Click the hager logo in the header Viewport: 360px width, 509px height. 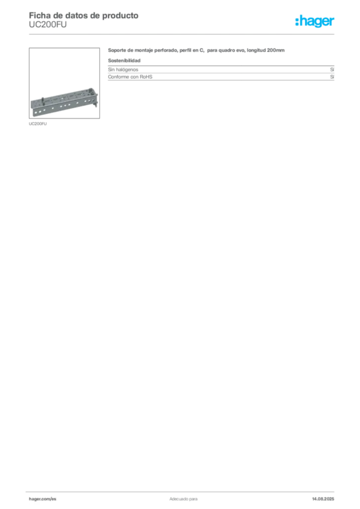[x=315, y=21]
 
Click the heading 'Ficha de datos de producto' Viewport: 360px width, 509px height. [x=84, y=15]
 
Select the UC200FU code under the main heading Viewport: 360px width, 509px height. [x=48, y=25]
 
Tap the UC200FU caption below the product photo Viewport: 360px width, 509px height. [x=38, y=124]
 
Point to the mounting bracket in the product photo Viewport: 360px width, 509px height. [x=64, y=102]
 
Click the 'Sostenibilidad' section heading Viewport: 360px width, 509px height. [x=124, y=60]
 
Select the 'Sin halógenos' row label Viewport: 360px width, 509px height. [x=123, y=70]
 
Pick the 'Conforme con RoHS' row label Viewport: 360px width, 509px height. [x=130, y=77]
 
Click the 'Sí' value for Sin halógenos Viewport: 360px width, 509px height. [x=332, y=70]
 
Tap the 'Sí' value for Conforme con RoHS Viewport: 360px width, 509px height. [x=332, y=77]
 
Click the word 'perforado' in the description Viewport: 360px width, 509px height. [x=165, y=50]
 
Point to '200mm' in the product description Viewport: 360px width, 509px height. [x=276, y=50]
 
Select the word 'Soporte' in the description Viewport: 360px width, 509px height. [x=117, y=50]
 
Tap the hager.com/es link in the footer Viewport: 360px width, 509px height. [x=43, y=499]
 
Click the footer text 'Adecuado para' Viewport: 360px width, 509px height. [x=183, y=499]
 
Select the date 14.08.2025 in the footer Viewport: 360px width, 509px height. [x=323, y=499]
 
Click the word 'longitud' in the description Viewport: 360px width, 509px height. [x=256, y=50]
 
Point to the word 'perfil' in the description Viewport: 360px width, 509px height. [x=184, y=50]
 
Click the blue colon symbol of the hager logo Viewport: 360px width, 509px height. [x=297, y=22]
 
